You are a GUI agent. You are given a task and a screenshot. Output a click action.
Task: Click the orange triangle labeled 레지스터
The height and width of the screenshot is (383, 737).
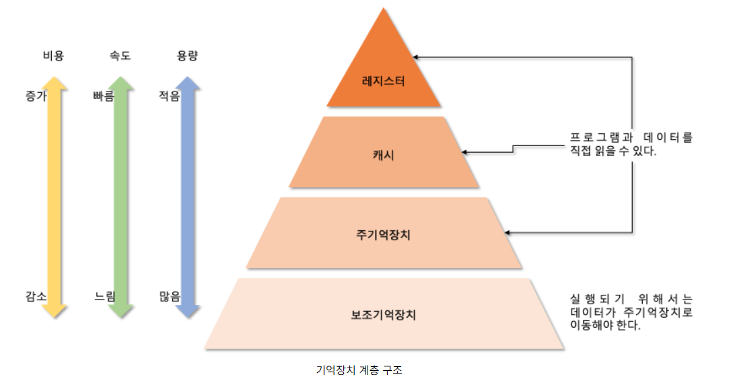tap(384, 74)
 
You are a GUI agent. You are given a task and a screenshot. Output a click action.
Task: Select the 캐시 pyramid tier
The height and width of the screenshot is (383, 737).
tap(384, 153)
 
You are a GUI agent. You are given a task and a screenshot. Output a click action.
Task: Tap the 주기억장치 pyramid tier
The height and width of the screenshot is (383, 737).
tap(384, 234)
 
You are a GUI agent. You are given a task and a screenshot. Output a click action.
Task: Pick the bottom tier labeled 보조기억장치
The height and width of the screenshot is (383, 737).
tap(384, 314)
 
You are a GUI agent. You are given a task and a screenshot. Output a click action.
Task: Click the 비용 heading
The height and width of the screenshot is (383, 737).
tap(53, 56)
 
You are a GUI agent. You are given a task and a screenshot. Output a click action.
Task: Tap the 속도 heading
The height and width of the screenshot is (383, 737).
tap(120, 56)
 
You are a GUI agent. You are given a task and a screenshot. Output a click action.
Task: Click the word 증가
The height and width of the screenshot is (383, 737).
tap(36, 96)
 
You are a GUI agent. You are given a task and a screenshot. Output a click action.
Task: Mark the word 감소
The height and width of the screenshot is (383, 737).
tap(36, 296)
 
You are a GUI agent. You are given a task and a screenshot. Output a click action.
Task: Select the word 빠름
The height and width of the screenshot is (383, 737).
tap(104, 96)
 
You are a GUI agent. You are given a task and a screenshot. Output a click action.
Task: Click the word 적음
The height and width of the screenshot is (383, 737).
tap(170, 96)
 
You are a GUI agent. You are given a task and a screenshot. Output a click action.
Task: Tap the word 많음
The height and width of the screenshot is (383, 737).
tap(170, 296)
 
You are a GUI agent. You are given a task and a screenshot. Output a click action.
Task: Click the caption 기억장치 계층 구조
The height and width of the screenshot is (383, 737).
tap(359, 370)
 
